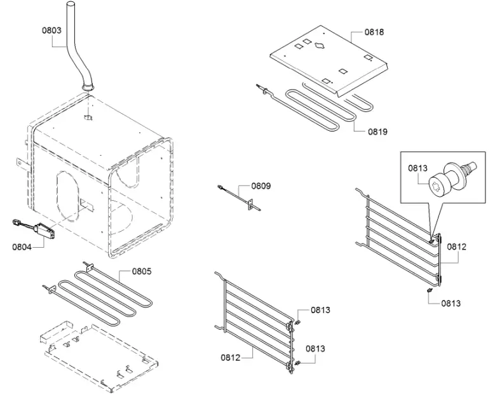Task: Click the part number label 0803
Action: (51, 29)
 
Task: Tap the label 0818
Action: (374, 31)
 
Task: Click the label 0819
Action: (377, 131)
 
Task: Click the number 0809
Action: (261, 186)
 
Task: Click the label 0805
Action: (142, 271)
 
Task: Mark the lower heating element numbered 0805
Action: (102, 295)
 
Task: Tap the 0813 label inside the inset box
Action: (417, 168)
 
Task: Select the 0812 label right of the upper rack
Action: (456, 246)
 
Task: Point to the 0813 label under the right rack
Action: (451, 303)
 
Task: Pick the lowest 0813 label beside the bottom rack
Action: (315, 348)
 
